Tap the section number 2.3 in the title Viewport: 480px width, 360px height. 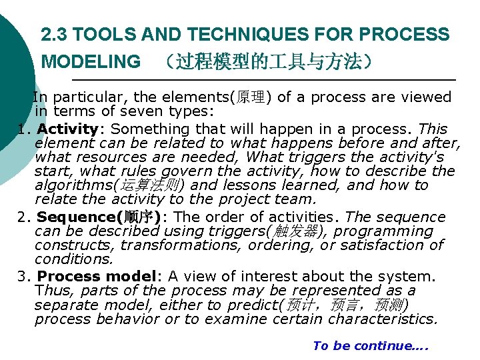[54, 34]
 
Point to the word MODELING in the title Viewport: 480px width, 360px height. [91, 63]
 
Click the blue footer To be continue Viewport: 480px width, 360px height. [370, 345]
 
